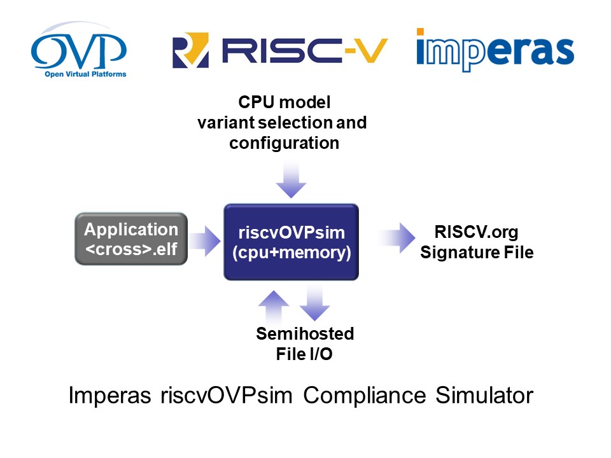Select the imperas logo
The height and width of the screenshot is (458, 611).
click(x=495, y=50)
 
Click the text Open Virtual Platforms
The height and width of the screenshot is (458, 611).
click(x=85, y=74)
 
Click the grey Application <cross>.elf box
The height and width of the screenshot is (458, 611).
click(x=131, y=239)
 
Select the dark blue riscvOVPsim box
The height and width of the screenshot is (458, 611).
click(x=291, y=242)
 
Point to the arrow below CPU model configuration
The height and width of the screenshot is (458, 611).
click(x=291, y=179)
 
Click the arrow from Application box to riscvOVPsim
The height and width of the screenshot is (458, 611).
click(x=204, y=240)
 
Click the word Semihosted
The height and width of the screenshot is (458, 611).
click(x=305, y=334)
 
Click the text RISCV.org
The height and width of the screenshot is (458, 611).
click(x=468, y=232)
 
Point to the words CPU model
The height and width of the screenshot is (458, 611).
click(x=284, y=102)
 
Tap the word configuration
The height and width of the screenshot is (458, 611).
click(x=284, y=143)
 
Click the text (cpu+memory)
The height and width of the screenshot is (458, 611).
click(x=291, y=253)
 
